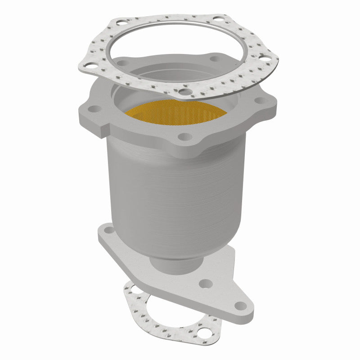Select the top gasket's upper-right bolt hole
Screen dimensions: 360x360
coord(218,20)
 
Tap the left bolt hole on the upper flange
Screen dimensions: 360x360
coord(95,109)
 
